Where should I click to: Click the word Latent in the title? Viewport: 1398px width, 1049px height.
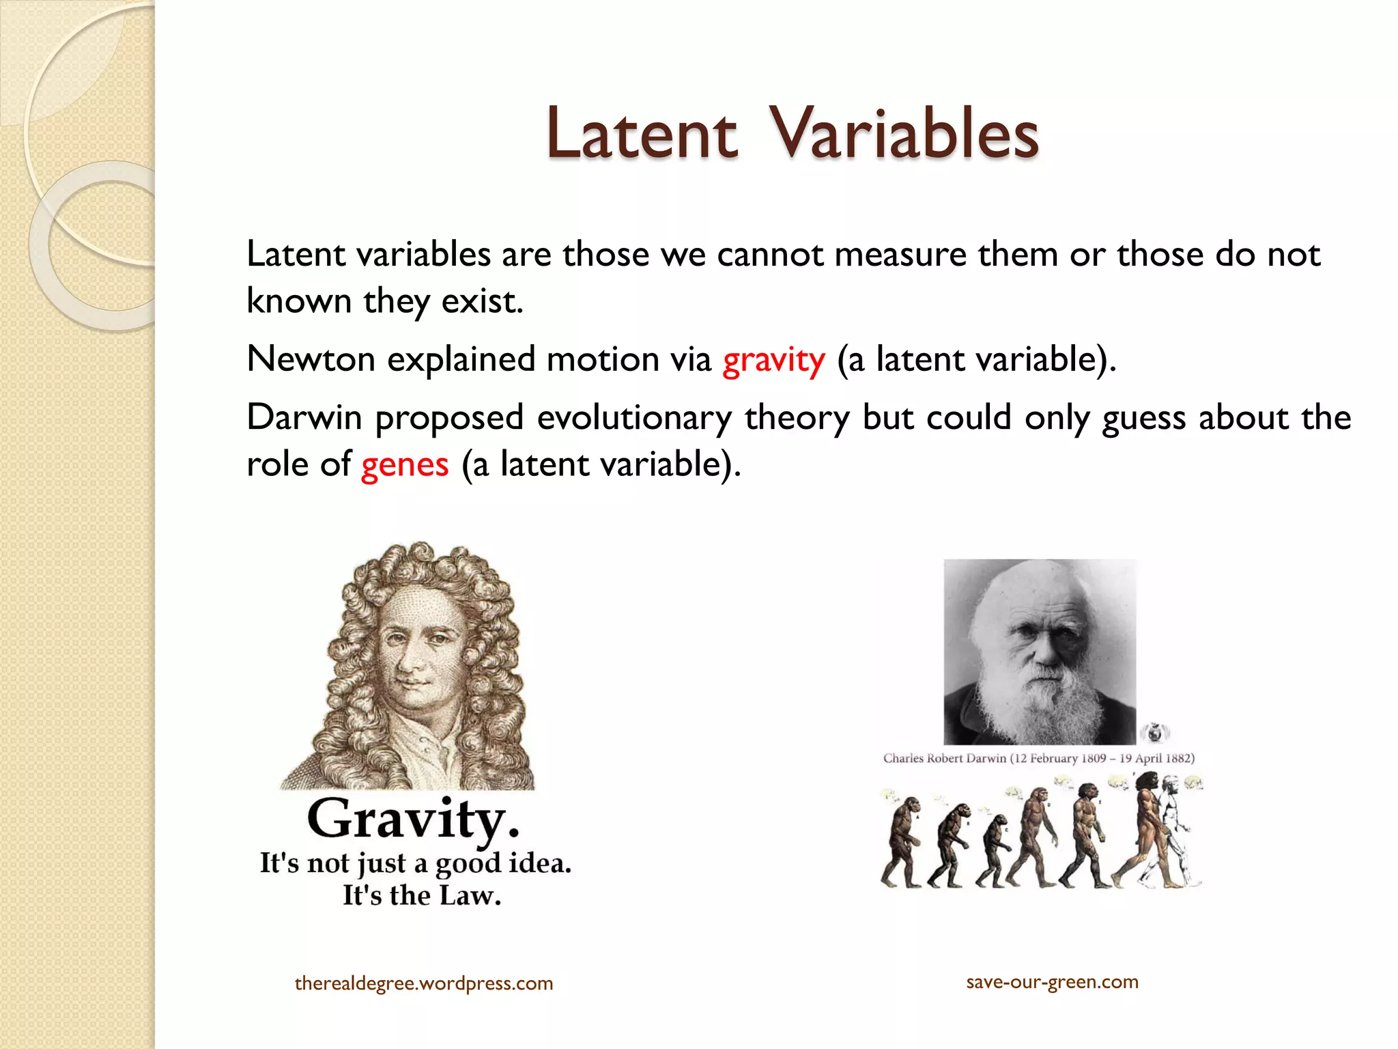pos(642,134)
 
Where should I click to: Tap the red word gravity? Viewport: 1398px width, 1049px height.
pos(773,360)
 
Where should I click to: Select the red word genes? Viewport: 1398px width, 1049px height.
pos(405,465)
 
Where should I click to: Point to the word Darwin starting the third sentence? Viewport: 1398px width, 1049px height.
pos(304,417)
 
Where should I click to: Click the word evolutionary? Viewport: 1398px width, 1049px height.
pos(634,418)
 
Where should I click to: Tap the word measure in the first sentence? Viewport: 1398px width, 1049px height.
pos(900,255)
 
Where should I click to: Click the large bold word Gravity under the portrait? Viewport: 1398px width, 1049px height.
pos(413,819)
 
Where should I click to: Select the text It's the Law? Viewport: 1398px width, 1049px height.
pos(421,895)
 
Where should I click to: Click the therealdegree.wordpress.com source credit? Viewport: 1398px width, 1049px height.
pos(423,983)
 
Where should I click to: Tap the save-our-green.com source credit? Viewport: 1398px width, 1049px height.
pos(1052,982)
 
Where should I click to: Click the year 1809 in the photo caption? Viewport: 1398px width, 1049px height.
pos(1094,758)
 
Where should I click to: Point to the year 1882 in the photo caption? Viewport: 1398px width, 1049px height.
pos(1179,758)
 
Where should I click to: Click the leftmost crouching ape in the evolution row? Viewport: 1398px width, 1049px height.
pos(901,843)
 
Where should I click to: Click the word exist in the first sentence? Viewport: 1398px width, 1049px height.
pos(481,301)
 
